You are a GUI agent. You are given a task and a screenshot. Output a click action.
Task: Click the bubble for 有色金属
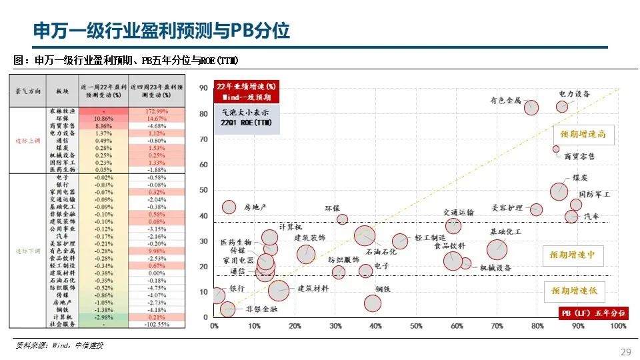(x=531, y=107)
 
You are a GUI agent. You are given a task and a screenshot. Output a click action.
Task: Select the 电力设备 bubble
(x=562, y=107)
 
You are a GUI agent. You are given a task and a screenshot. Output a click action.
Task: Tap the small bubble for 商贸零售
(x=556, y=149)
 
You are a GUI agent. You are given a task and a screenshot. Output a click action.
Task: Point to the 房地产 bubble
(x=229, y=207)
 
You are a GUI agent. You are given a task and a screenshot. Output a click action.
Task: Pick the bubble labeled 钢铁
(x=373, y=303)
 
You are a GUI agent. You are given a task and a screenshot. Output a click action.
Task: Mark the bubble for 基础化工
(x=497, y=249)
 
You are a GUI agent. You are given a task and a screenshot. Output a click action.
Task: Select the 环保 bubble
(x=342, y=219)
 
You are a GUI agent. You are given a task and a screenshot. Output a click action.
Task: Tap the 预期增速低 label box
(x=573, y=291)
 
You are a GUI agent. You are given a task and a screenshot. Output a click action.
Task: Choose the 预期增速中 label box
(x=572, y=255)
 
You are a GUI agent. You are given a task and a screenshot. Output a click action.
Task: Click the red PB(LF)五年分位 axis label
(x=593, y=313)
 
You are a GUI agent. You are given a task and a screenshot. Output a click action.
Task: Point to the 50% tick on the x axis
(x=416, y=326)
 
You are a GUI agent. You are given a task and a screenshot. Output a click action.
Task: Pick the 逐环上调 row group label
(x=28, y=141)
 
